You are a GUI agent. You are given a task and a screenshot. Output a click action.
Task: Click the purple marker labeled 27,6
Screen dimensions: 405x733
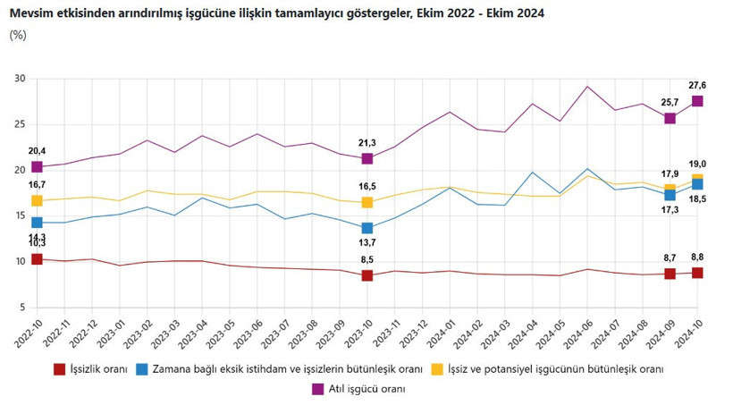click(697, 101)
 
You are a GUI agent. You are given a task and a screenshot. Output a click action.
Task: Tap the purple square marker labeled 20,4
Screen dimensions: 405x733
click(37, 167)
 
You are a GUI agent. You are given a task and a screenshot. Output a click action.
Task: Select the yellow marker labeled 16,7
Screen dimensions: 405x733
click(37, 201)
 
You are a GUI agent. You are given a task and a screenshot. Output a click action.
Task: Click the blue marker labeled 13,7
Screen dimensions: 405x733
click(366, 228)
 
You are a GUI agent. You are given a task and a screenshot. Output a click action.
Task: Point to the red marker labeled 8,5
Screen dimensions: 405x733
click(366, 275)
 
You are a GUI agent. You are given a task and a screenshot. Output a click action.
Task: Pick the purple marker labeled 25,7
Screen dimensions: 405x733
click(670, 118)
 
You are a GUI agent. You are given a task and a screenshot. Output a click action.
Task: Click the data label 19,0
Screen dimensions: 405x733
click(697, 164)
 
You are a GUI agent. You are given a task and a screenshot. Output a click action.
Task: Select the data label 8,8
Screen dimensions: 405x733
click(697, 257)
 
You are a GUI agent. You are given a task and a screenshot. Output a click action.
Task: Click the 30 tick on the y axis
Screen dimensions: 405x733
click(20, 79)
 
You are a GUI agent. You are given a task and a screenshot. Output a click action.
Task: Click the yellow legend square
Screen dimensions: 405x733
click(438, 368)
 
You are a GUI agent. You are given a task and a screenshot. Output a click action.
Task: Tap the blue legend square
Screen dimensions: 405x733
click(143, 368)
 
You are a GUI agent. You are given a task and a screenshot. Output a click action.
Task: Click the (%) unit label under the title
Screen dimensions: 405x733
click(18, 35)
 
